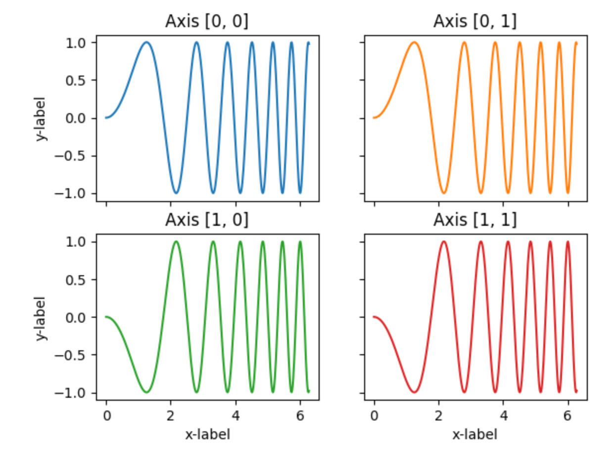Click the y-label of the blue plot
pos(43,118)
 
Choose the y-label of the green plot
pos(43,318)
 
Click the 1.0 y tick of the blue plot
pos(79,43)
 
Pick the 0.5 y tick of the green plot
pos(79,280)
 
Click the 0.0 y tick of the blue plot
pos(79,118)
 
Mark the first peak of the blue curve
pos(146,42)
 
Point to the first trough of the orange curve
pos(444,193)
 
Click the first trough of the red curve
pos(414,392)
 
